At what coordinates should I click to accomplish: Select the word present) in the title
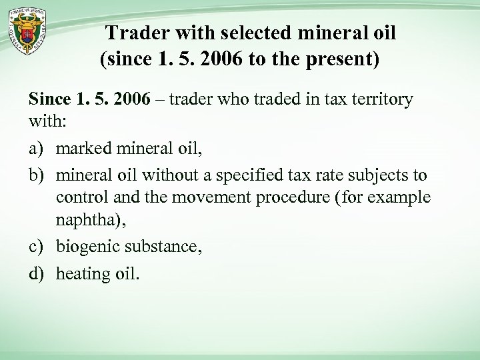(346, 62)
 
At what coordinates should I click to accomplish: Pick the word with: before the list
(45, 123)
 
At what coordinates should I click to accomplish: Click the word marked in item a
(84, 149)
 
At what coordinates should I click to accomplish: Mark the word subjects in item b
(376, 175)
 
